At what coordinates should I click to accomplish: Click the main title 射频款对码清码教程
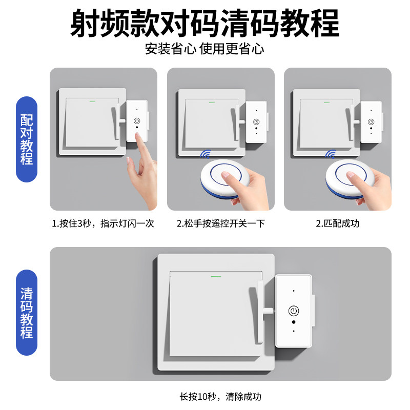[x=204, y=23]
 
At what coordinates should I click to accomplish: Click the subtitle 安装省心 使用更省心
[x=204, y=50]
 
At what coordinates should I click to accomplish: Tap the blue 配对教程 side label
[x=27, y=139]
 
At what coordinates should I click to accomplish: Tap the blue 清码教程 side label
[x=27, y=313]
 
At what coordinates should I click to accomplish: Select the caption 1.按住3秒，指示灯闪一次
[x=102, y=224]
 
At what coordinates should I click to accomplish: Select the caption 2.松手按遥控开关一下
[x=221, y=224]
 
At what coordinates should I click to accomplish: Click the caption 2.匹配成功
[x=337, y=224]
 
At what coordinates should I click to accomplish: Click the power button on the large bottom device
[x=294, y=311]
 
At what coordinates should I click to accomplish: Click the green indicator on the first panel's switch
[x=93, y=100]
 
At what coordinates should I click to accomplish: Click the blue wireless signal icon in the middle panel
[x=207, y=154]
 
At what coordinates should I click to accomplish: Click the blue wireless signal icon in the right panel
[x=331, y=154]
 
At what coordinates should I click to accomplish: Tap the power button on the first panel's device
[x=137, y=121]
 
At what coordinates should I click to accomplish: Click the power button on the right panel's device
[x=371, y=122]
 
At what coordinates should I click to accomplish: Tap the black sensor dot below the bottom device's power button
[x=294, y=323]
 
